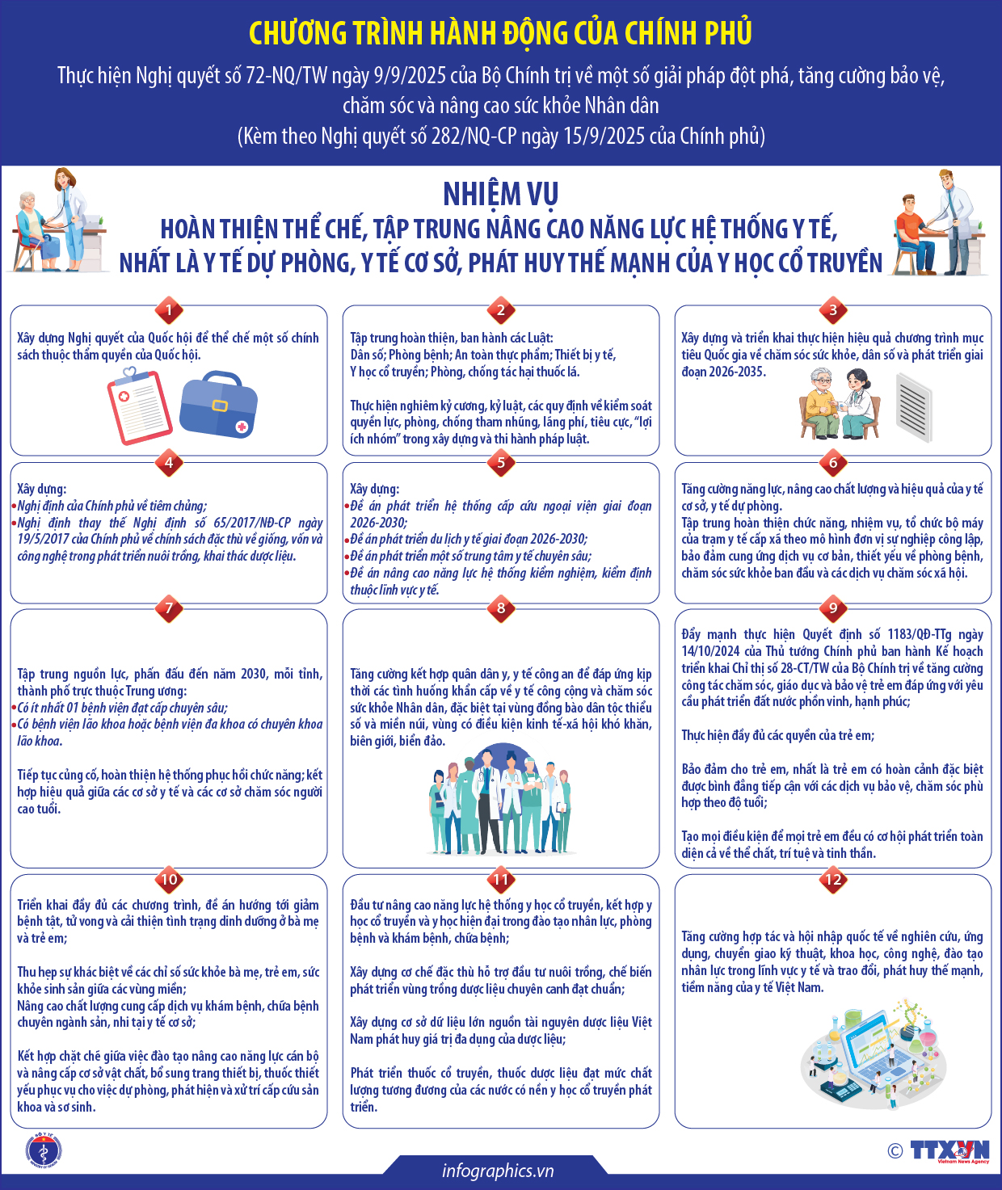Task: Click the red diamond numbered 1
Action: (x=169, y=309)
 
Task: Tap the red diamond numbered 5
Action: (x=501, y=462)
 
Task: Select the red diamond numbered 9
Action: (x=833, y=608)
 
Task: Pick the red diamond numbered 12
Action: (x=833, y=880)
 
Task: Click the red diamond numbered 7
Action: (x=169, y=608)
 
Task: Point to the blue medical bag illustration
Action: (x=217, y=405)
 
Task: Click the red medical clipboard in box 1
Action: (x=139, y=406)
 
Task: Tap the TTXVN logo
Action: (x=949, y=1151)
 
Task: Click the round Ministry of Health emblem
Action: (x=44, y=1151)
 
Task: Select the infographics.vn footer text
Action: (x=498, y=1171)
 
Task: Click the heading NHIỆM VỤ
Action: (x=501, y=194)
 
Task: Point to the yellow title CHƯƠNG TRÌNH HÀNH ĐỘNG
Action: (x=501, y=33)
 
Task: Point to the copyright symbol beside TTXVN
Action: (x=895, y=1151)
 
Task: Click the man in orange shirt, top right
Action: (x=914, y=233)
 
